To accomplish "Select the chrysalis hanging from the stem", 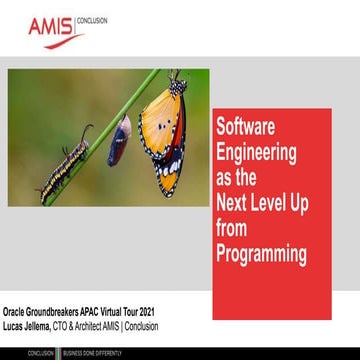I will coord(119,139).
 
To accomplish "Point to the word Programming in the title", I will coord(262,255).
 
